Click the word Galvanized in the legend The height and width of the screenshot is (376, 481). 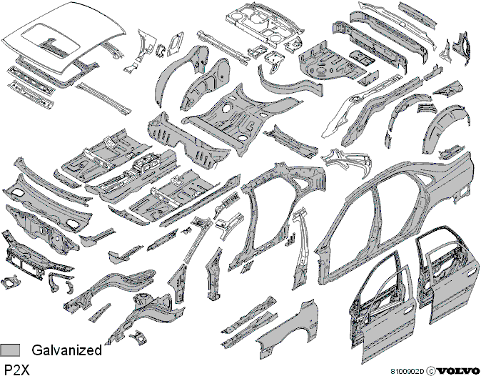pyautogui.click(x=66, y=350)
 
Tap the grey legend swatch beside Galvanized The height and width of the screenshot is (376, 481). pyautogui.click(x=10, y=350)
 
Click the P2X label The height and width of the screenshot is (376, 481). pyautogui.click(x=17, y=370)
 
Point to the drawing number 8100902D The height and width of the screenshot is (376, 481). pyautogui.click(x=407, y=371)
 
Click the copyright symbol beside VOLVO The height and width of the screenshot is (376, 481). pyautogui.click(x=431, y=371)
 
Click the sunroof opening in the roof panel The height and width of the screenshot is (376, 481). pyautogui.click(x=51, y=39)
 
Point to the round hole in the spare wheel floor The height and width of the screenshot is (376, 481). pyautogui.click(x=226, y=108)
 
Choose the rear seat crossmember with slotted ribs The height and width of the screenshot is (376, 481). pyautogui.click(x=187, y=140)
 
